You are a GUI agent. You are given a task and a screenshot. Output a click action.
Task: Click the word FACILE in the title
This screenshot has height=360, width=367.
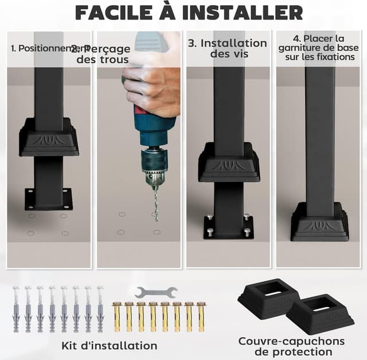click(117, 12)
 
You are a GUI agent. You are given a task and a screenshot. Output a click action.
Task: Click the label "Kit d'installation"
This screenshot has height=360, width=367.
click(109, 345)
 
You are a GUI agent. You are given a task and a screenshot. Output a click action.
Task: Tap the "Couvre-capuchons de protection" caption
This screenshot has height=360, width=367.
click(291, 346)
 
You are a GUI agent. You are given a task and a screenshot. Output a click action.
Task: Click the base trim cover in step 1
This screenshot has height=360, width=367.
click(49, 138)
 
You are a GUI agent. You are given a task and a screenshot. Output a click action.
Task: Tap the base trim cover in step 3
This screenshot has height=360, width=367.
click(229, 163)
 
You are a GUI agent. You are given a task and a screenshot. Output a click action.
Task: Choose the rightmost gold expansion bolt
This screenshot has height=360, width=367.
click(201, 316)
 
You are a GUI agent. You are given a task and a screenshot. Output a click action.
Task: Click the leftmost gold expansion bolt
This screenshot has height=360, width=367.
click(117, 316)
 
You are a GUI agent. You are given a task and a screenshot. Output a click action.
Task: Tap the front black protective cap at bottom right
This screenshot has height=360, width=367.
click(320, 315)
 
